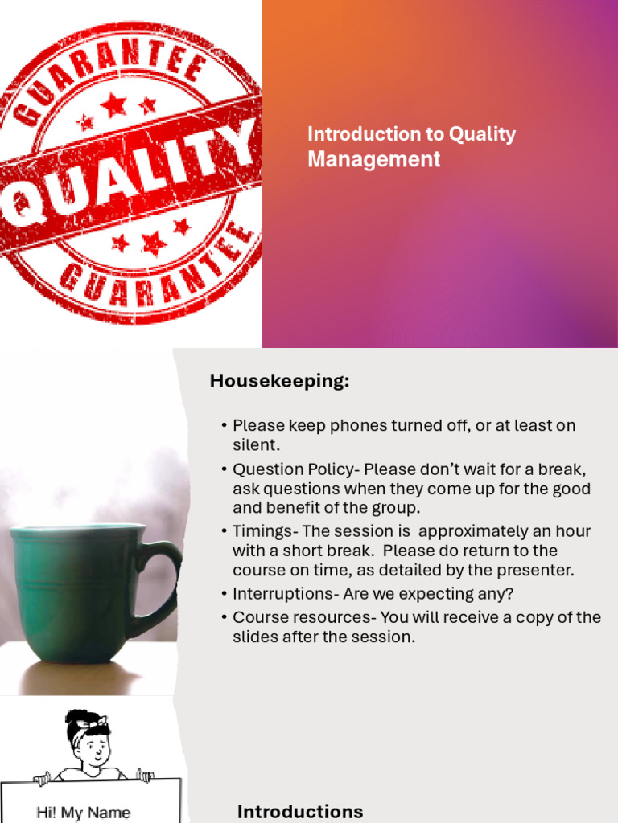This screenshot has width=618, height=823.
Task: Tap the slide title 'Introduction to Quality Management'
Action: (411, 146)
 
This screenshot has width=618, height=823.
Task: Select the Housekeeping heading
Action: (279, 381)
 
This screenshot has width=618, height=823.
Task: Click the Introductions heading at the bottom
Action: (299, 811)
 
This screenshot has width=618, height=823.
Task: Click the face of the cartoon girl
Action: (95, 748)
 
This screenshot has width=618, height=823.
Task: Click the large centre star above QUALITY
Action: (113, 103)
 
